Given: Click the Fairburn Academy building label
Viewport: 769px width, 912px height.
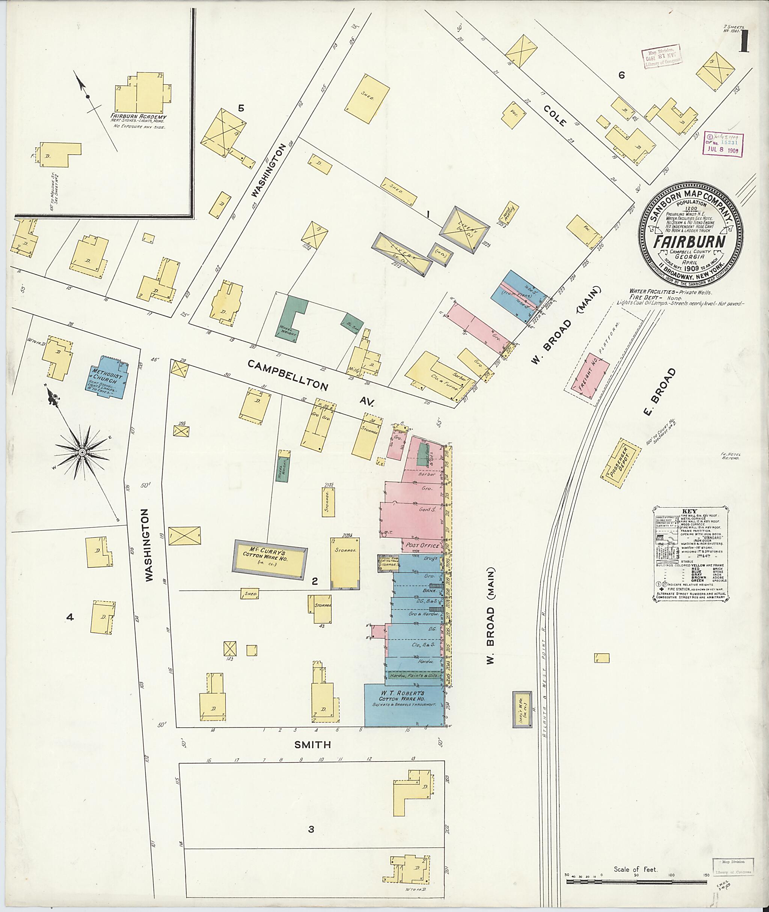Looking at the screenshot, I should click(x=138, y=117).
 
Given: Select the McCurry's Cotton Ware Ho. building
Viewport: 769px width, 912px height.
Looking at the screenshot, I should click(x=270, y=559).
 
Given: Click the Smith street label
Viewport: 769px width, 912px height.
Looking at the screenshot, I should click(x=312, y=745).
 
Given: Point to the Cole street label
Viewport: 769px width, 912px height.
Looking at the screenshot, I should click(x=555, y=116).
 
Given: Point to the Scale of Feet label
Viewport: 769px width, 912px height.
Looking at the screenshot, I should click(x=635, y=869).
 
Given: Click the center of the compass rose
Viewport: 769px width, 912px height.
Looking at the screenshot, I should click(x=81, y=453).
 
